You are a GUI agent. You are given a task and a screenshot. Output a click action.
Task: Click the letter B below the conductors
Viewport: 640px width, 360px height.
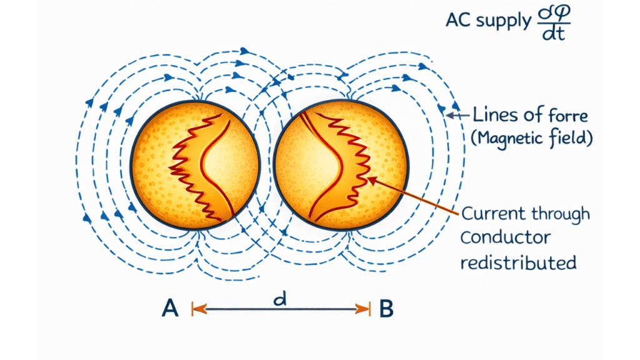(386, 308)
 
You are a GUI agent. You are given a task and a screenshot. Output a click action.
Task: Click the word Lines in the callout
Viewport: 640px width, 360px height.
(491, 115)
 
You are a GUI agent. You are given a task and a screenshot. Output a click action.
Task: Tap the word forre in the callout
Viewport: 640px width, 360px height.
(550, 115)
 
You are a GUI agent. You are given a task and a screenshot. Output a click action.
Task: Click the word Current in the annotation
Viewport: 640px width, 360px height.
(492, 214)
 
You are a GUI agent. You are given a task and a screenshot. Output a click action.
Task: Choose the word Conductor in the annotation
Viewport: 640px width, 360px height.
(506, 238)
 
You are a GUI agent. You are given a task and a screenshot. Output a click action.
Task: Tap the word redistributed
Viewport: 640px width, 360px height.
(518, 261)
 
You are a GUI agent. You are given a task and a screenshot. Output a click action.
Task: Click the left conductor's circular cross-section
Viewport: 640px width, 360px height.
(194, 164)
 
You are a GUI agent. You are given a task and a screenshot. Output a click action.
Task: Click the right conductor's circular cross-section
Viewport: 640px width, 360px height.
(338, 164)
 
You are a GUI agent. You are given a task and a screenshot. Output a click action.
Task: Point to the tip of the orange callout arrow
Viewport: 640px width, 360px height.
(369, 179)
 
